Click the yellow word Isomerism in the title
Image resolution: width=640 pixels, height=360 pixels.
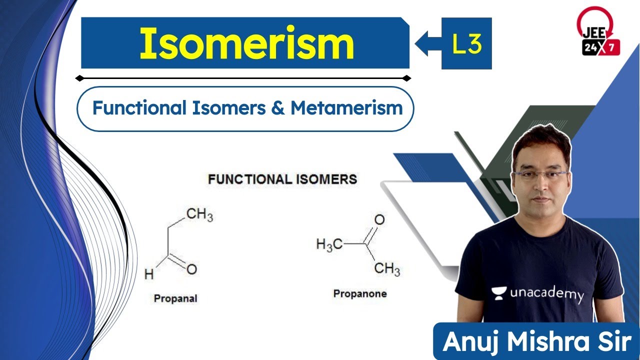click(x=246, y=43)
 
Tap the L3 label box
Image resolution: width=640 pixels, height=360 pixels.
click(x=466, y=43)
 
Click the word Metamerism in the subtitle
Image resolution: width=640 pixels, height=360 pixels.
click(x=346, y=108)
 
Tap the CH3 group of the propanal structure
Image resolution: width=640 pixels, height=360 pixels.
click(x=199, y=215)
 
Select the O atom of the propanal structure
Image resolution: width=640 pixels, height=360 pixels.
click(x=191, y=269)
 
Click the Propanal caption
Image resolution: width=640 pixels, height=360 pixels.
click(x=175, y=298)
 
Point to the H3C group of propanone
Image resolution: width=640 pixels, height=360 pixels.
click(x=329, y=244)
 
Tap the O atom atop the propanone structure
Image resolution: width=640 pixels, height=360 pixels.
click(x=379, y=219)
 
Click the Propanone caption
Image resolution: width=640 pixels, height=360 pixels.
click(x=360, y=293)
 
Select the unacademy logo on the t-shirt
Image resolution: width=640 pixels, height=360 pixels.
click(x=537, y=294)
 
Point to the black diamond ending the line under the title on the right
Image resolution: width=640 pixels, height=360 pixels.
click(x=406, y=78)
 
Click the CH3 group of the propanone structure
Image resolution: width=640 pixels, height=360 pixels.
click(x=387, y=270)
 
